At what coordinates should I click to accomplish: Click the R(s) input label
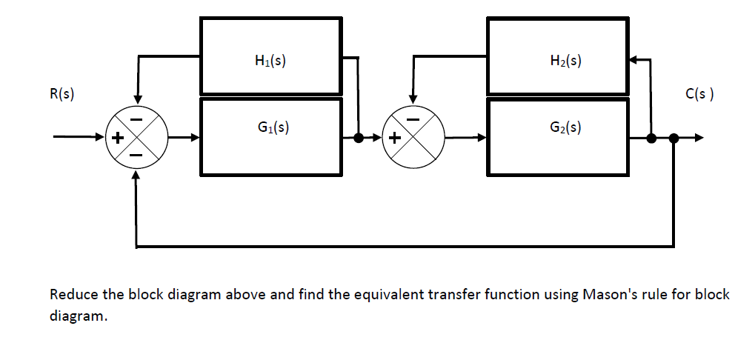[x=62, y=95]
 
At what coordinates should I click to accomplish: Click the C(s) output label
[x=699, y=95]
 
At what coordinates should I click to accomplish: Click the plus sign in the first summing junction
[x=116, y=138]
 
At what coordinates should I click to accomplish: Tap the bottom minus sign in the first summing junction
[x=136, y=156]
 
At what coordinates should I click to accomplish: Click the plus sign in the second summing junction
[x=394, y=138]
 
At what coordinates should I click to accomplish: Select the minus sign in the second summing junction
[x=414, y=119]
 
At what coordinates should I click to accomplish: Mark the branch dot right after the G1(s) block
[x=359, y=138]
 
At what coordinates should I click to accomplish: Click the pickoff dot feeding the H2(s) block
[x=651, y=138]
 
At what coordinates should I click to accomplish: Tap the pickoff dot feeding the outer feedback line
[x=673, y=138]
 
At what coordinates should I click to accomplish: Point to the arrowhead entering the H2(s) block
[x=633, y=59]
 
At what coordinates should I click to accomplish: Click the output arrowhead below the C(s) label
[x=699, y=138]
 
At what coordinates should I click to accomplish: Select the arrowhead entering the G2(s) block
[x=482, y=138]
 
